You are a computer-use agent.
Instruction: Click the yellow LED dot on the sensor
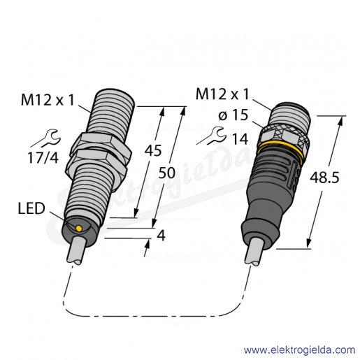(79, 229)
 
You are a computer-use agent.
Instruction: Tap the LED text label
(31, 208)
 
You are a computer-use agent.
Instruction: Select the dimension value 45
(153, 150)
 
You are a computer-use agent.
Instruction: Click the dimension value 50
(167, 173)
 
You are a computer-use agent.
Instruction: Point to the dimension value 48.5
(324, 178)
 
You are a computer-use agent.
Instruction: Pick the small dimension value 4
(161, 236)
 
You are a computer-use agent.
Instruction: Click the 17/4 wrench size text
(43, 157)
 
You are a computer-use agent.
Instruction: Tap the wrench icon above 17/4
(46, 138)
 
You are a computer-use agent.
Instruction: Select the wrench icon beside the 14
(212, 136)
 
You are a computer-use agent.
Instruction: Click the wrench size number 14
(240, 139)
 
